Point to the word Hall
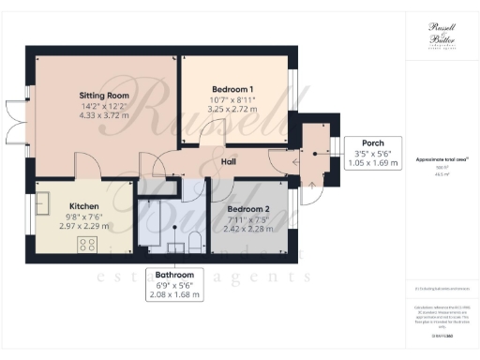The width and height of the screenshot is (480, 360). pos(228,161)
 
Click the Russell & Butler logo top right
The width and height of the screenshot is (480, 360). pos(441,35)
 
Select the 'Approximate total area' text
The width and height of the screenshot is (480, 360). pos(440,160)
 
